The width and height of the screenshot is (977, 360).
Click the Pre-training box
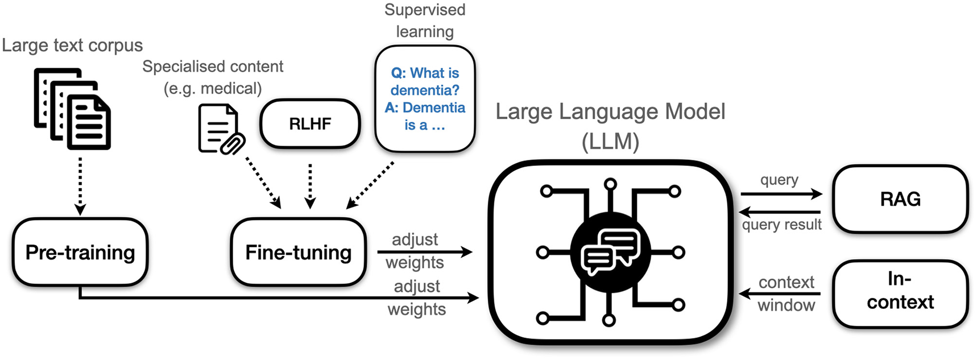[x=80, y=252]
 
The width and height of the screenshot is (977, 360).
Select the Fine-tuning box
[x=298, y=252]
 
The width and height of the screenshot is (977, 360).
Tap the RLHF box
[x=310, y=124]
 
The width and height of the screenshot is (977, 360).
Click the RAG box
[x=900, y=199]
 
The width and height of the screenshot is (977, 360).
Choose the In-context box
[x=900, y=291]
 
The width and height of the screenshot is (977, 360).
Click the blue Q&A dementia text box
[x=425, y=99]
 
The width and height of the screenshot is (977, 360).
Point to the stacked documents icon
[x=72, y=109]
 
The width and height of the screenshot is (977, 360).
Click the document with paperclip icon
[x=221, y=130]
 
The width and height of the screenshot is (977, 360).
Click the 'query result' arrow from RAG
[x=780, y=212]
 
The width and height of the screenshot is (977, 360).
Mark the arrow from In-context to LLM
[x=780, y=294]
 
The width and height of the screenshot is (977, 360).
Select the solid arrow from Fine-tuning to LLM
[x=425, y=252]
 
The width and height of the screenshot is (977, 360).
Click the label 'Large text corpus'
[x=72, y=45]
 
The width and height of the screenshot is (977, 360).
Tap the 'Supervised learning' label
[x=425, y=21]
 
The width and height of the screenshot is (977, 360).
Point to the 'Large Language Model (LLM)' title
[x=610, y=126]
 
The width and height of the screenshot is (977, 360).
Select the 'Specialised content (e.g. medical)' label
[x=213, y=77]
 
